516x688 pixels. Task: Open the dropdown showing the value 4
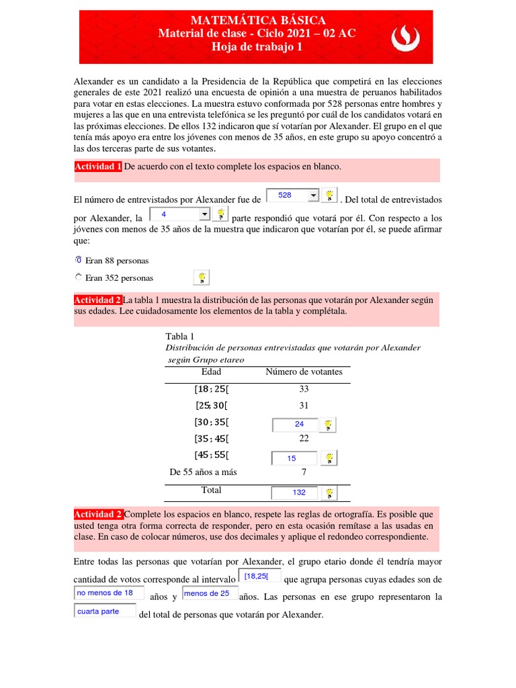coord(179,214)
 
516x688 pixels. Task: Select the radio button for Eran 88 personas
coord(79,260)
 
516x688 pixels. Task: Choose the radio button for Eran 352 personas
coord(79,277)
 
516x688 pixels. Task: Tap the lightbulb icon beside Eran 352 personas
coord(201,277)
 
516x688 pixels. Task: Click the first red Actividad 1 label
coord(98,167)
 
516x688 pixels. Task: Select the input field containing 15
coord(295,458)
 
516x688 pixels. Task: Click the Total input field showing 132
coord(295,492)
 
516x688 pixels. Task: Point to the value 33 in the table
coord(304,389)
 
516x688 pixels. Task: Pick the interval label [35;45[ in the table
coord(211,439)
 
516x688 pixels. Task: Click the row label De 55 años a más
coord(203,472)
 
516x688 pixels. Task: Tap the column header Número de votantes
coord(304,372)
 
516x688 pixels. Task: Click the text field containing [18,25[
coord(260,576)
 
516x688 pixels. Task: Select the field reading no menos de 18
coord(108,593)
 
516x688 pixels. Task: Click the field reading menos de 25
coord(209,593)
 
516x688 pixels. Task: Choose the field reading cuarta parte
coord(104,611)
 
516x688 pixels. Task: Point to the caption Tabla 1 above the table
coord(179,336)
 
